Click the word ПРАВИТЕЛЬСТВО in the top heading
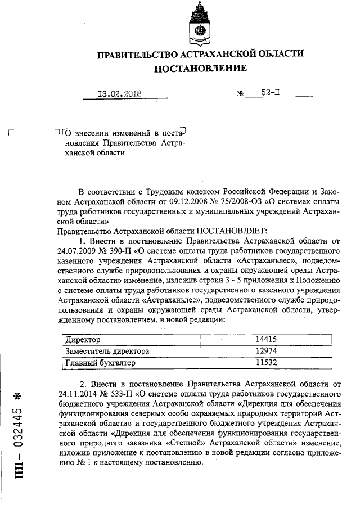point(138,55)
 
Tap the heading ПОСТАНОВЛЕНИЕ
point(201,69)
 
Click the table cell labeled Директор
point(83,341)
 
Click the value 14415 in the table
point(267,341)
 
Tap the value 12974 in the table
point(267,352)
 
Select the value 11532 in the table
point(267,363)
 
